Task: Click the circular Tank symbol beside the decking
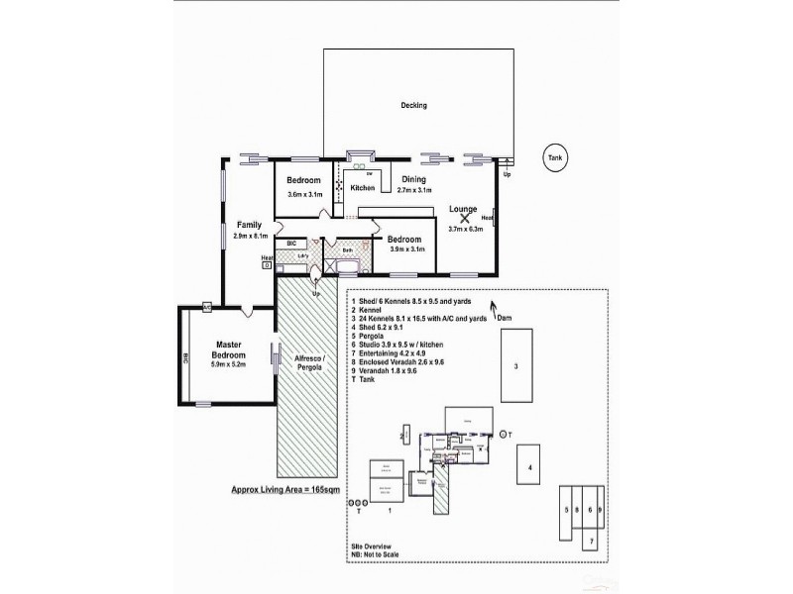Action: coord(557,158)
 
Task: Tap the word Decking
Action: coord(413,106)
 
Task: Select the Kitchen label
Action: coord(362,187)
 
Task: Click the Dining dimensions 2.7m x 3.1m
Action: coord(415,190)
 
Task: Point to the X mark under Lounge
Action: coord(464,219)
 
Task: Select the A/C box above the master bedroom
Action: coord(207,305)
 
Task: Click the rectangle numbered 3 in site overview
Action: coord(515,366)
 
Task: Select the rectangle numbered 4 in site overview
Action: coord(530,466)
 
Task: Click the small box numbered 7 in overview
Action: coord(589,542)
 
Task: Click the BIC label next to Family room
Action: coord(291,243)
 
